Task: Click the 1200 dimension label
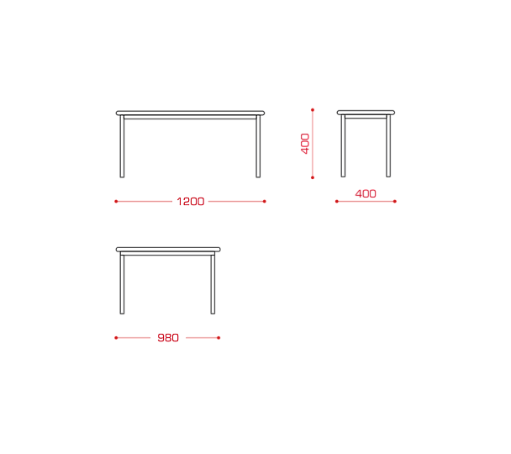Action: point(190,202)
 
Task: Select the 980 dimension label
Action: point(168,338)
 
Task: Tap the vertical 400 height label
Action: point(305,144)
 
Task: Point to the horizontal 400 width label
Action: point(366,194)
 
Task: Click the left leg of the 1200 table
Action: point(122,146)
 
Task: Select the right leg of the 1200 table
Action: point(258,146)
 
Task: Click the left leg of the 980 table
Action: point(122,284)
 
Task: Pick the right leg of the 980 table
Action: point(213,284)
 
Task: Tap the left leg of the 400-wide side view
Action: point(343,145)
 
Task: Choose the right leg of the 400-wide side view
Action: point(388,145)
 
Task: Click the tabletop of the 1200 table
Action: point(190,113)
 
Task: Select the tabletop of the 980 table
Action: point(168,250)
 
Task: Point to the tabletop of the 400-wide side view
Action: point(366,113)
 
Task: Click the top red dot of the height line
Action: point(313,110)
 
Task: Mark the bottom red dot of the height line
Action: point(313,177)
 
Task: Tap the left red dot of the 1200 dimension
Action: point(116,202)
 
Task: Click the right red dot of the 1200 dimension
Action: point(264,202)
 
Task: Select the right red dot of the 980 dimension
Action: point(219,338)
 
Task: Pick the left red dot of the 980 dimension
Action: point(116,338)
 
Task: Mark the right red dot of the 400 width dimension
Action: point(395,202)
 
